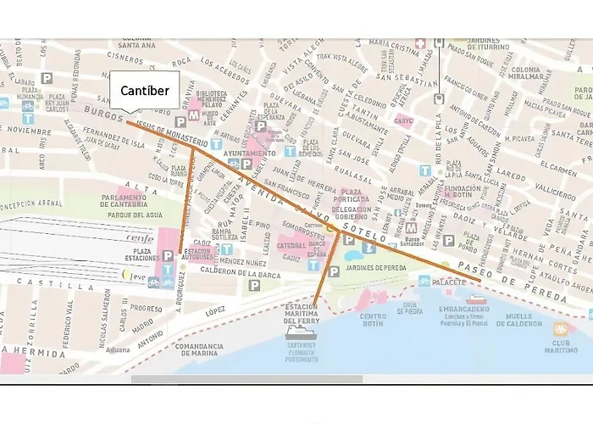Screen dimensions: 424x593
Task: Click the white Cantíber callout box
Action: pyautogui.click(x=144, y=90)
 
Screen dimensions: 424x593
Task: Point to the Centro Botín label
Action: pyautogui.click(x=373, y=320)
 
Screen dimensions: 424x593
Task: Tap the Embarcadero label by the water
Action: pyautogui.click(x=466, y=310)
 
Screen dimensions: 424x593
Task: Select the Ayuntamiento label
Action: pyautogui.click(x=250, y=153)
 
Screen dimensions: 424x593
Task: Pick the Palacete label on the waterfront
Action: pyautogui.click(x=450, y=280)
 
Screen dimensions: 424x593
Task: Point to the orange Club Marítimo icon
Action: pyautogui.click(x=560, y=329)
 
